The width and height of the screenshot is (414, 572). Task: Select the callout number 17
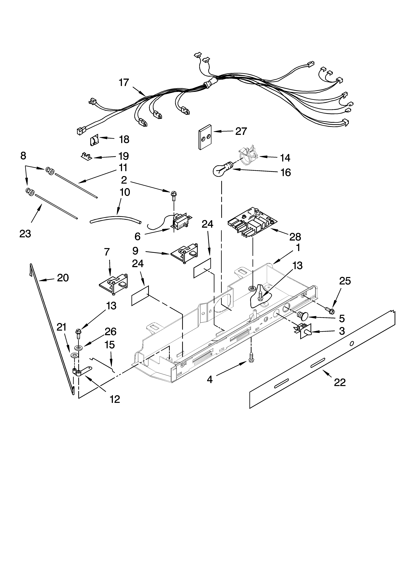pos(124,83)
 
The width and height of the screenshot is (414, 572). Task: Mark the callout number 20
pos(63,278)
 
